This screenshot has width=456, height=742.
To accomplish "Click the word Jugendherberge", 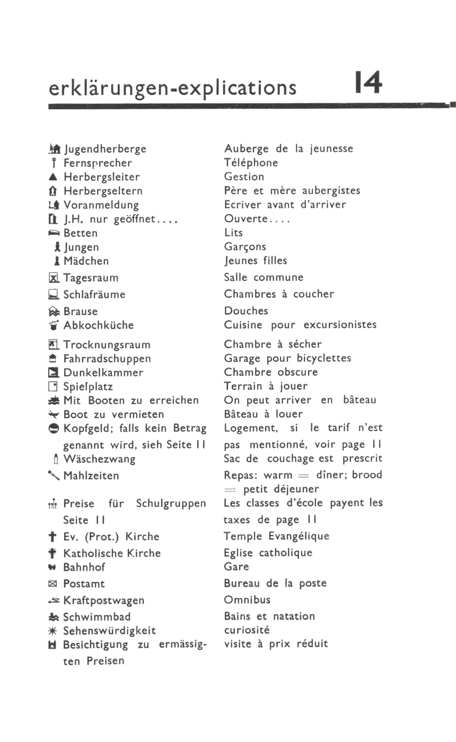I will pos(105,149).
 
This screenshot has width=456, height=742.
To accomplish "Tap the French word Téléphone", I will pos(251,163).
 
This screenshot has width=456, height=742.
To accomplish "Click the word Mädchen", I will pos(86,261).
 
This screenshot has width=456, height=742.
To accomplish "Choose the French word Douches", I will pos(246,311).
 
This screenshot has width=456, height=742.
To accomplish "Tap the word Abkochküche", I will pos(99,325).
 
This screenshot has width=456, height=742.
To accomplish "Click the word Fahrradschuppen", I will pos(107,359).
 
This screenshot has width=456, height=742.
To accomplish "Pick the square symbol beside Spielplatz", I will pos(54,387).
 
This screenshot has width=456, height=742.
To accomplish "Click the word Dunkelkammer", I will pos(103,373).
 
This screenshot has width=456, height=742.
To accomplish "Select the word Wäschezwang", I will pos(99,459).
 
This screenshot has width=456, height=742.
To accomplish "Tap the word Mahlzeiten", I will pos(91,476).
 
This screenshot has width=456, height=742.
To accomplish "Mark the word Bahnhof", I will pos(84,567).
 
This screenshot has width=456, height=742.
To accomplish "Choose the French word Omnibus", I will pos(247,600).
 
